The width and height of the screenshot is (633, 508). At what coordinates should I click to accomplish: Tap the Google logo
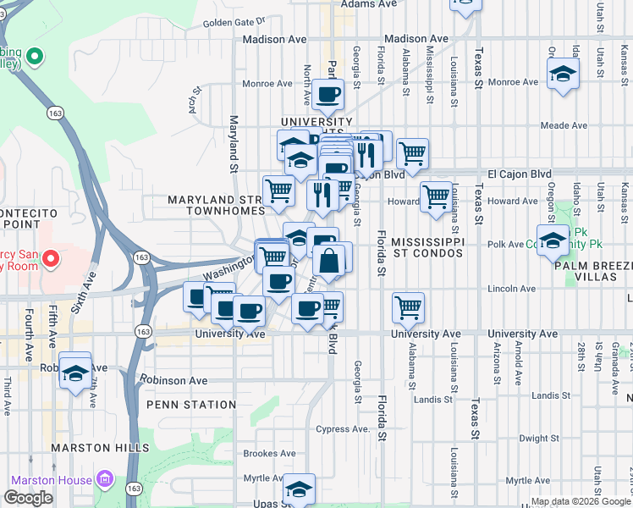coord(29,498)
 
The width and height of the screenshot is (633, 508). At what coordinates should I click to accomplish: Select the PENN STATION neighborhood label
coord(190,405)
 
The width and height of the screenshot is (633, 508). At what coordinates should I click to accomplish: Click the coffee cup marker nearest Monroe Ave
coord(328,94)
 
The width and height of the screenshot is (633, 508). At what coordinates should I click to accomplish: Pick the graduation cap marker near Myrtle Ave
coord(298,489)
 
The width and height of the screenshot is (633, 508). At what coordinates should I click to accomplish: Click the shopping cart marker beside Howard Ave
coord(436,196)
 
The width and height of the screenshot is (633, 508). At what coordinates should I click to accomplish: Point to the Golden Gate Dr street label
coord(234,21)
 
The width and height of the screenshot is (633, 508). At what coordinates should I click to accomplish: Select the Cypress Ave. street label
coord(344,429)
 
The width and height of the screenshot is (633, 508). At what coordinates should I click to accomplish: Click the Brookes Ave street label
coord(268,454)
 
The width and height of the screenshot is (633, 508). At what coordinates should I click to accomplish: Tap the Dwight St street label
coord(537,439)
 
